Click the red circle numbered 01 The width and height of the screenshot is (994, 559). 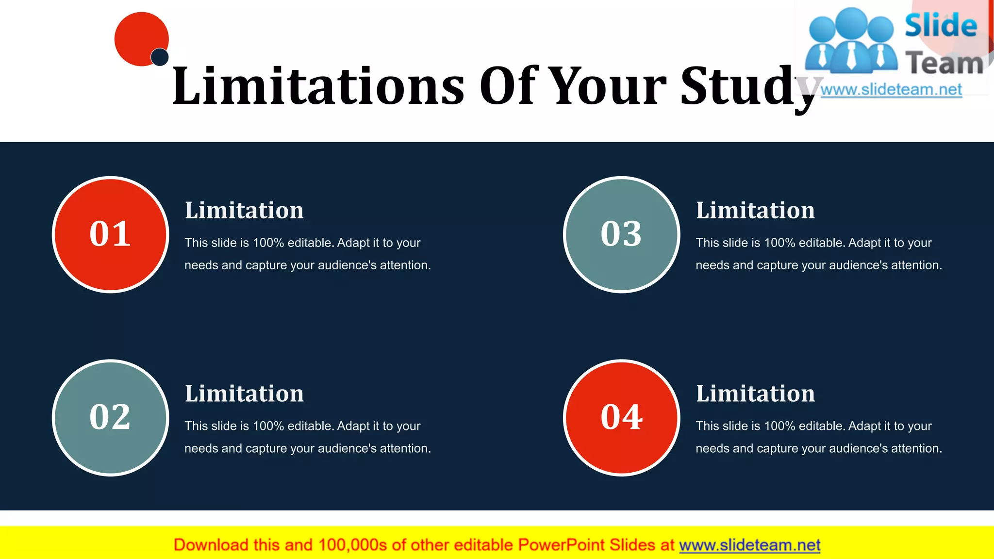tap(111, 234)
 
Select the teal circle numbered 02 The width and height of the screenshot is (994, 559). tap(111, 418)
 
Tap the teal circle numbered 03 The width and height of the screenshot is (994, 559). tap(622, 234)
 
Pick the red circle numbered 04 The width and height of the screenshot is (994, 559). tap(622, 418)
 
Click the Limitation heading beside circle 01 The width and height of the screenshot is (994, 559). tap(244, 211)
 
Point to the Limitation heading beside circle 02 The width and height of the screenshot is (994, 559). tap(244, 394)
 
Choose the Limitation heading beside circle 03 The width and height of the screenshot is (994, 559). tap(755, 211)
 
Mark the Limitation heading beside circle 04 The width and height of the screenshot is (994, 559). tap(755, 394)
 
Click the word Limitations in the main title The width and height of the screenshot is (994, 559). tap(318, 86)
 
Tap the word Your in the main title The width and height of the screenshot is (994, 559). tap(609, 86)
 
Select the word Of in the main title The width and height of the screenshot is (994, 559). tap(509, 86)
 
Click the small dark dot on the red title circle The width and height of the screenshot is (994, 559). tap(160, 57)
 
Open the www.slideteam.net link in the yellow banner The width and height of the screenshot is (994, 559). tap(749, 545)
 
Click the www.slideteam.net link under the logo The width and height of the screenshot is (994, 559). tap(891, 90)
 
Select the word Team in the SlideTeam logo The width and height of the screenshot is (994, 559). tap(944, 64)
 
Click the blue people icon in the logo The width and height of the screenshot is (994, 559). tap(851, 41)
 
